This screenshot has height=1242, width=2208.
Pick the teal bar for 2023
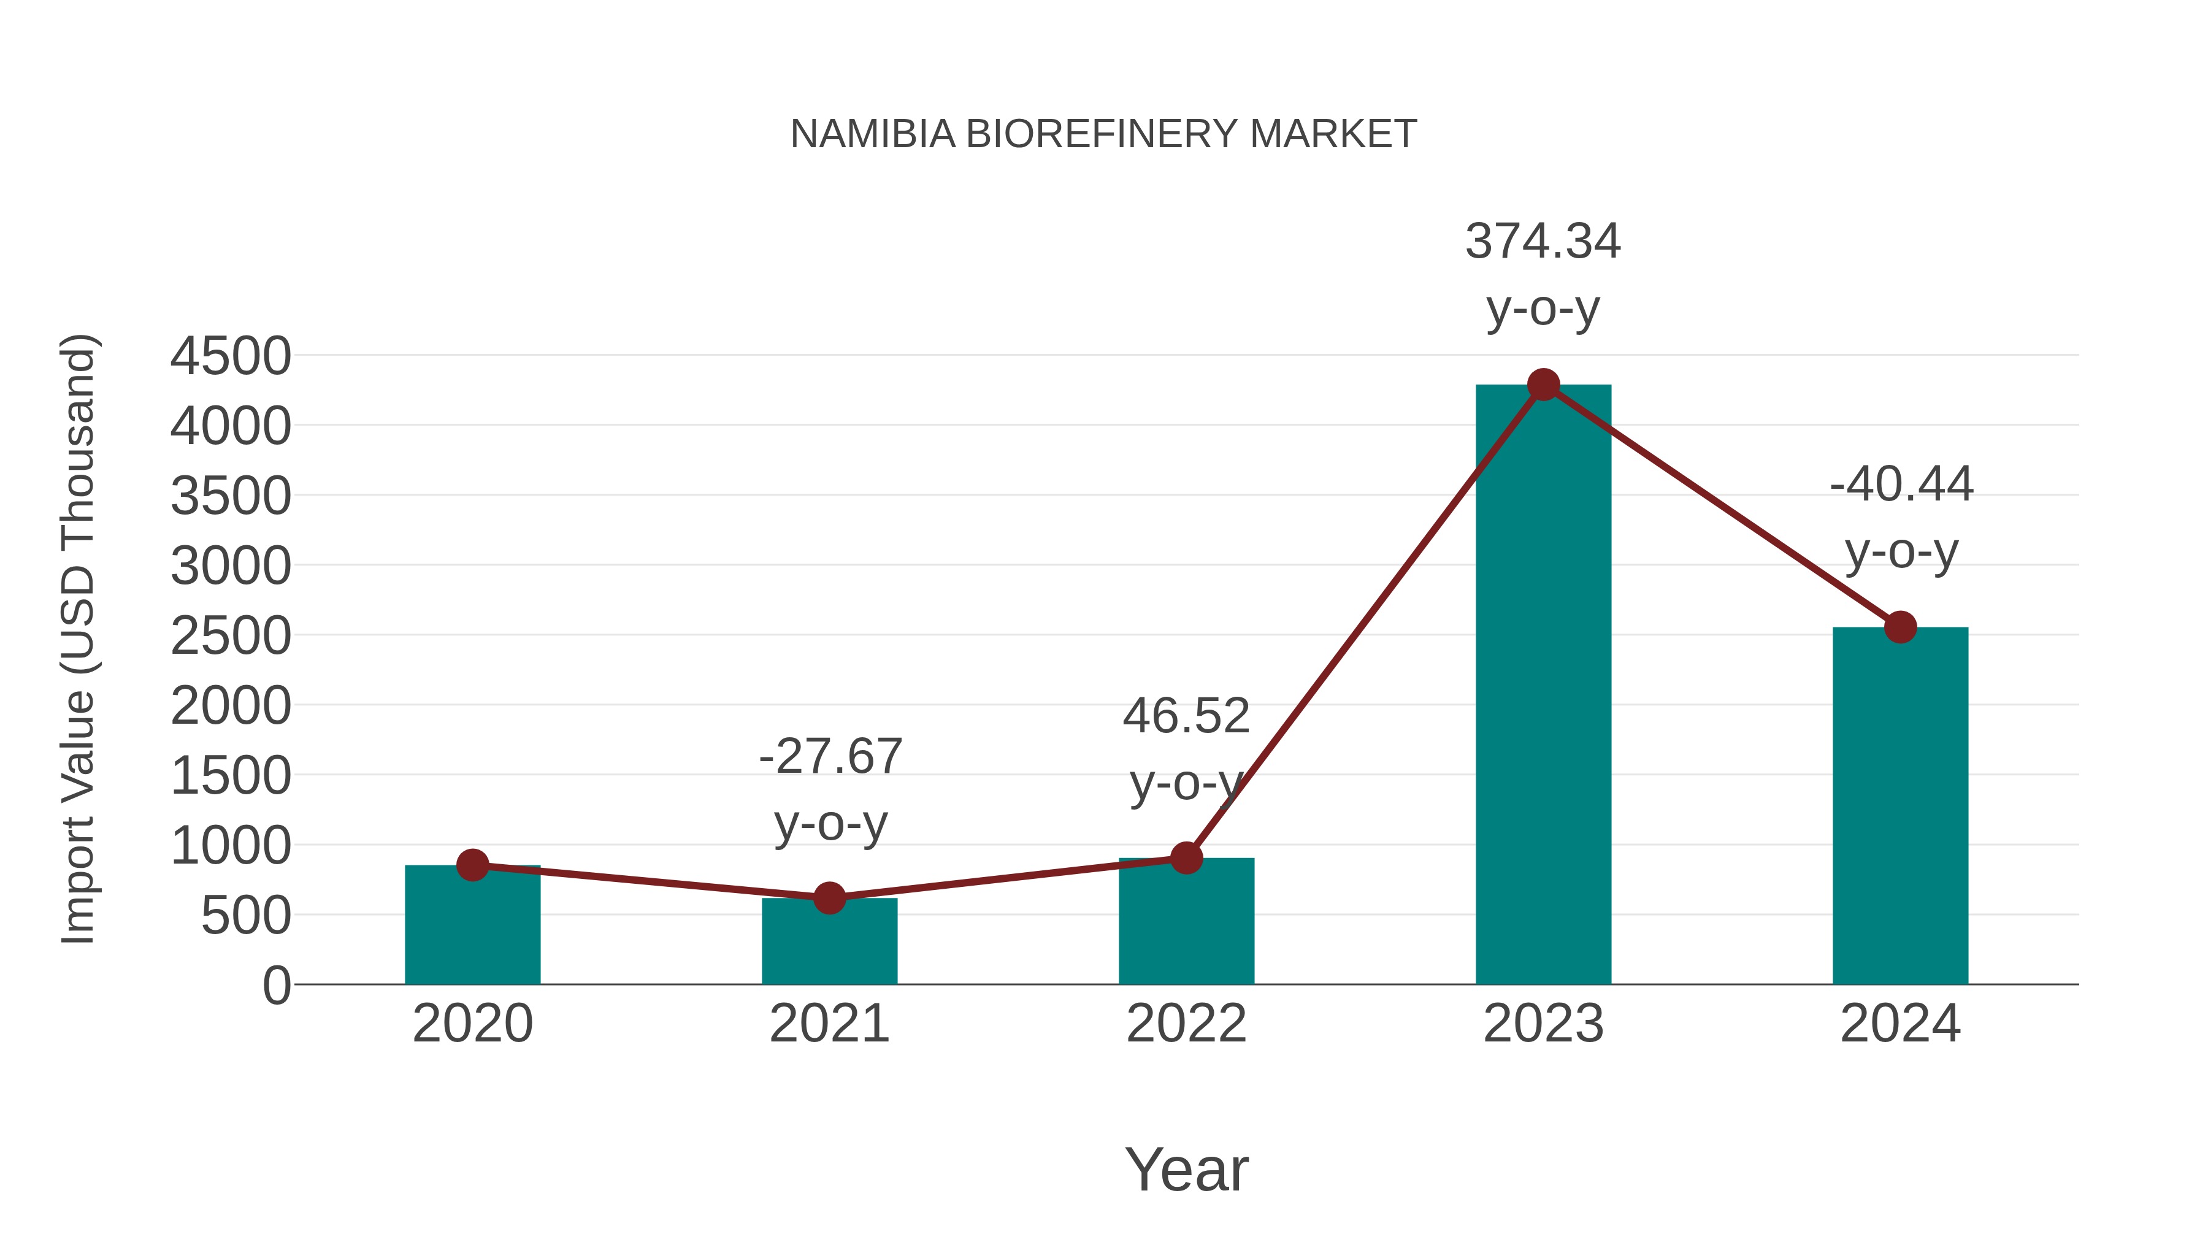click(1543, 686)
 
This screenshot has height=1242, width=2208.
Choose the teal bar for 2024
click(1899, 806)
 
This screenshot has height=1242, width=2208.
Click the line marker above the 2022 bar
click(1186, 857)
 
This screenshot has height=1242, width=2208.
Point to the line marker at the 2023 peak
click(1543, 385)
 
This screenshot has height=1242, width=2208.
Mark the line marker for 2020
click(472, 865)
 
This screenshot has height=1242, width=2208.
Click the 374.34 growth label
click(1543, 242)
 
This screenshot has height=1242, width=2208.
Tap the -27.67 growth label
click(830, 757)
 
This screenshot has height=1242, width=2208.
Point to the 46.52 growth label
click(1186, 716)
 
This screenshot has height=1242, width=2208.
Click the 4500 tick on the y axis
click(231, 356)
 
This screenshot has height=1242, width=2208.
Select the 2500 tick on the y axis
click(231, 637)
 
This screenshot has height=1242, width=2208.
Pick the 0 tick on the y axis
click(276, 986)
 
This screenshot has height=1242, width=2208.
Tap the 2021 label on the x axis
click(829, 1024)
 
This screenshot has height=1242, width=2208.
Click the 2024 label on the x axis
click(1899, 1024)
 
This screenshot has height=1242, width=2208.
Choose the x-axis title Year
click(1186, 1169)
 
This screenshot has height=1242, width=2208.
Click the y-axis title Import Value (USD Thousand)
click(79, 638)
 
